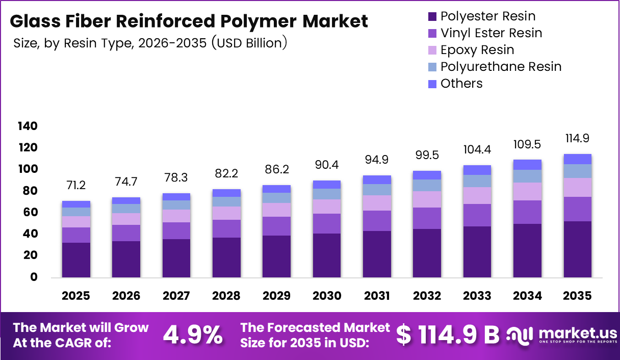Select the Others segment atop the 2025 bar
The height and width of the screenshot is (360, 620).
point(76,204)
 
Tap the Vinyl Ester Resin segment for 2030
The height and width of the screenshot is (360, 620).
point(327,223)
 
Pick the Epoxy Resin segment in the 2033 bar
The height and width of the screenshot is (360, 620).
point(477,195)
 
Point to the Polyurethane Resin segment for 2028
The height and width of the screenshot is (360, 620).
point(226,201)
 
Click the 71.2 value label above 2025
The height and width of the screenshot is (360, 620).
point(76,184)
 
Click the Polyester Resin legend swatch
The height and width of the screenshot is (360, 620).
point(432,16)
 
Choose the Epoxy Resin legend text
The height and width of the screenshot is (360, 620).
point(477,50)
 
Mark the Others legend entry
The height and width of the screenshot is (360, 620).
point(461,84)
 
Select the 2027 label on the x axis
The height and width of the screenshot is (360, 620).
point(176,296)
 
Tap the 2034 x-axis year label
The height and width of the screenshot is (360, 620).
point(527,296)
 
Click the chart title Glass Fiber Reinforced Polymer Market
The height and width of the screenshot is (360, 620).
point(188,21)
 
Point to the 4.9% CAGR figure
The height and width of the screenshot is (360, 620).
point(193,335)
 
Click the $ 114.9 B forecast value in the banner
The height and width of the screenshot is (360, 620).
point(448,335)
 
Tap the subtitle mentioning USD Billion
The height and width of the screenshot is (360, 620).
point(151,43)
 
